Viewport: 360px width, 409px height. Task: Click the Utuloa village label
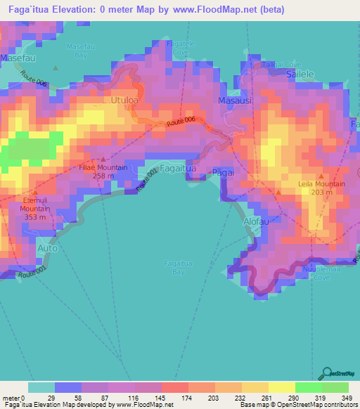124,100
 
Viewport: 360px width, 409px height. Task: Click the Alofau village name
256,221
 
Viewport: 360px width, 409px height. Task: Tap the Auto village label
46,249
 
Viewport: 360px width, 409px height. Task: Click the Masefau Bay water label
77,50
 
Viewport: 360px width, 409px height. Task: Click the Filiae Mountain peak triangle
103,159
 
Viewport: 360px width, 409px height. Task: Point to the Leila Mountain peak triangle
321,176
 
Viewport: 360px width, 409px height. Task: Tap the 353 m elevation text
34,217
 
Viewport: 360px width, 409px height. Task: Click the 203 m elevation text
321,192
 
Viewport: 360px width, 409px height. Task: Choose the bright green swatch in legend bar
308,387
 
